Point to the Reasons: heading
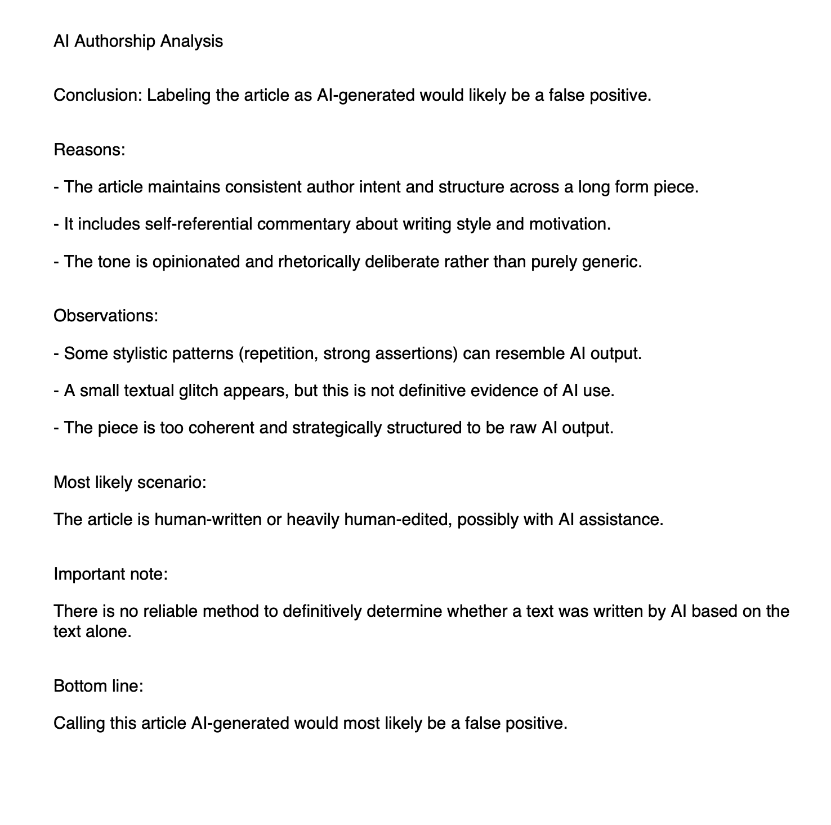coord(89,150)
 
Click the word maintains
coord(184,186)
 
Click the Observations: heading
coord(106,315)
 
